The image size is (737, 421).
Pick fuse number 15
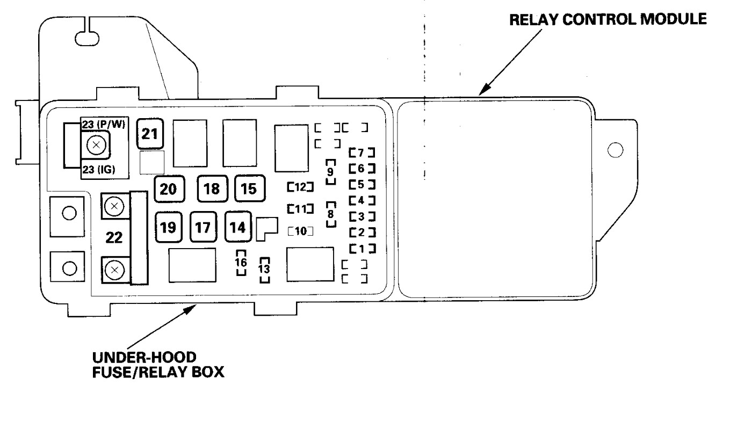click(x=249, y=189)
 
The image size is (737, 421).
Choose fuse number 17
click(x=203, y=227)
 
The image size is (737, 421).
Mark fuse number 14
click(x=237, y=227)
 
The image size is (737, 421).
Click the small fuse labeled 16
click(x=242, y=263)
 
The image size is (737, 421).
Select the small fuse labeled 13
click(x=264, y=270)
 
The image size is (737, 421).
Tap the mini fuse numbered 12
click(x=300, y=187)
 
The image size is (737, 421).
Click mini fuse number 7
click(x=361, y=152)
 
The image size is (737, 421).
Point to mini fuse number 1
click(x=361, y=248)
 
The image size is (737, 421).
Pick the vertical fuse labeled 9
click(x=331, y=172)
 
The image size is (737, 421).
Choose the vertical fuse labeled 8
click(x=331, y=214)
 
